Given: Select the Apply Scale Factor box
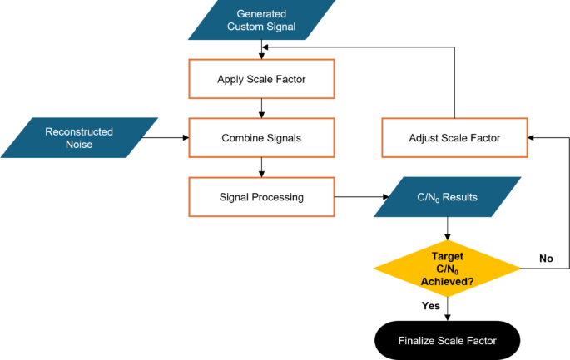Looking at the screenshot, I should pos(262,79).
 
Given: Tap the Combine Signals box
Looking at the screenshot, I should pos(262,137).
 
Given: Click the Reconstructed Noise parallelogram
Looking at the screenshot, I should pos(79,137).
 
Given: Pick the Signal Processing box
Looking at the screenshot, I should pos(262,197).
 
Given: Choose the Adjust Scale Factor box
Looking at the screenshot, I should pos(454,137).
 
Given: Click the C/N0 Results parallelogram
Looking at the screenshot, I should pos(449,197).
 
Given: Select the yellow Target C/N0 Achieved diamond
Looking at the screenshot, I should pos(449,267).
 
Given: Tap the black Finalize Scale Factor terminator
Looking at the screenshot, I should pos(449,340).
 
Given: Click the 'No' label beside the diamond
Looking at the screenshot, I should pos(545,259).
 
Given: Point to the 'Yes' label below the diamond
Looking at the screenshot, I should pos(431,305).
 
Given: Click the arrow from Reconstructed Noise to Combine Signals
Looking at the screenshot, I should pos(173,137).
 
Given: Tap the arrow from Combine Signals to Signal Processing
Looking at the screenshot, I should pos(262,167).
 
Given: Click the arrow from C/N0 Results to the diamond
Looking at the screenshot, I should pos(449,228).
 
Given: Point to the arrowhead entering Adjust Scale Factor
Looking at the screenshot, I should pos(533,137).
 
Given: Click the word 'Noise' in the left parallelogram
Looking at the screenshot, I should pos(79,144).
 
